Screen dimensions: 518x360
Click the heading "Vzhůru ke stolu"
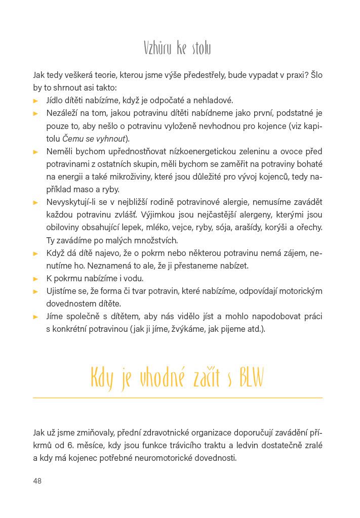tap(177, 49)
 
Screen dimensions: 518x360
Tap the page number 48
tap(37, 481)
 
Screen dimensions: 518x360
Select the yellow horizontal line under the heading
tap(177, 398)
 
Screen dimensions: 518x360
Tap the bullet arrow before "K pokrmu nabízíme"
tap(36, 279)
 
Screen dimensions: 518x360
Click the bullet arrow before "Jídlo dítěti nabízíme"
tap(36, 101)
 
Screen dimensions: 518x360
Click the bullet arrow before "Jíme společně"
tap(36, 317)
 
